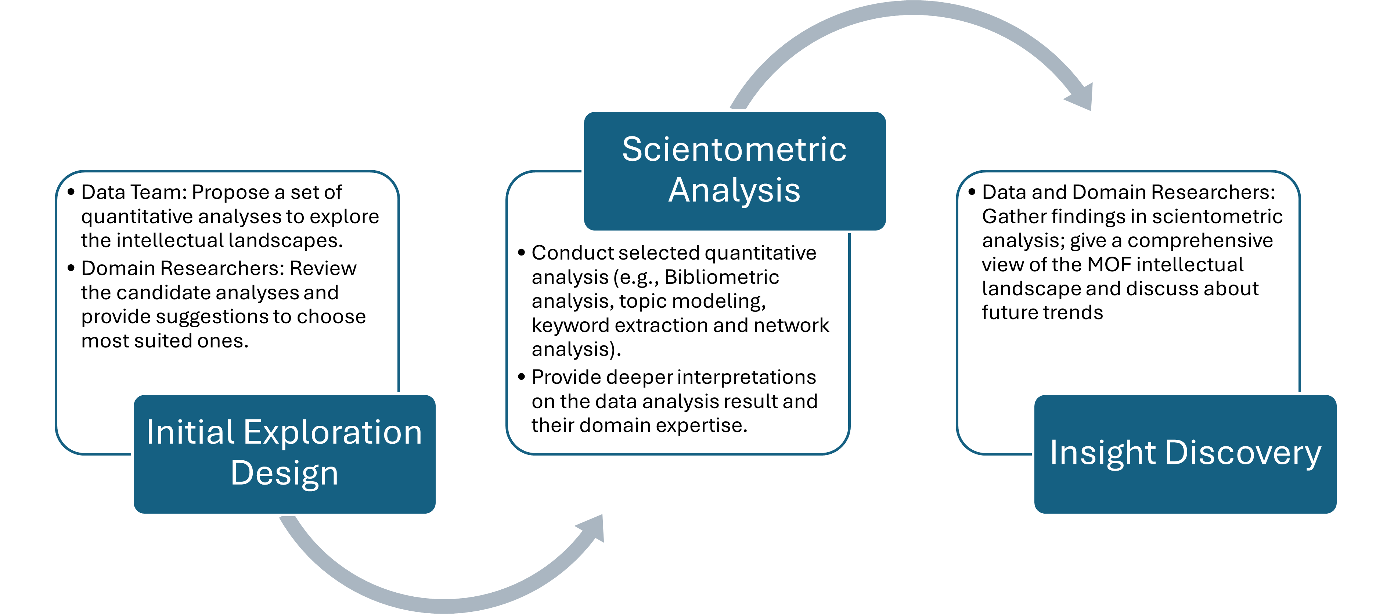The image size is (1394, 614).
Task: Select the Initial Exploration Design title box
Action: [284, 454]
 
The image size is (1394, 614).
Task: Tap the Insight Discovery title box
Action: [1185, 454]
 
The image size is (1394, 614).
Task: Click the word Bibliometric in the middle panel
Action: [721, 277]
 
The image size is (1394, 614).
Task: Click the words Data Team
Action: [132, 192]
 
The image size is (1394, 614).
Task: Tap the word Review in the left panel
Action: [323, 268]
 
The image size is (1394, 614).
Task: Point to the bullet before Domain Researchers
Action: [71, 268]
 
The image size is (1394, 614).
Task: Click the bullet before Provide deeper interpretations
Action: [522, 377]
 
